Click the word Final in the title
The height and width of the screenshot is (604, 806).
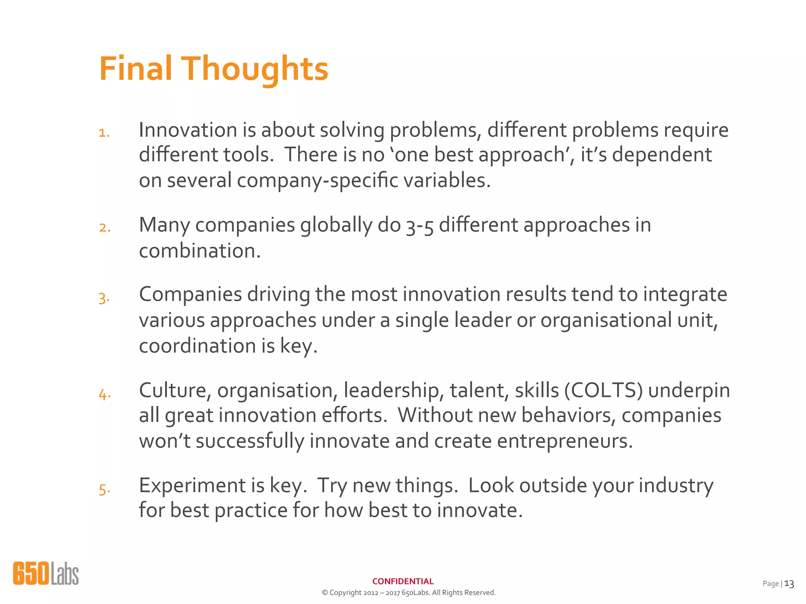pos(136,68)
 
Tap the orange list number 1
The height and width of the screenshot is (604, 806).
pos(104,133)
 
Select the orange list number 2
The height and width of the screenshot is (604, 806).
pos(105,228)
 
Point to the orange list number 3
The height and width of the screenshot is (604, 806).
pos(104,298)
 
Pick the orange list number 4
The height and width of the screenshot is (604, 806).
pos(105,394)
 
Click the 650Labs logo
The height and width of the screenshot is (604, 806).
pos(46,573)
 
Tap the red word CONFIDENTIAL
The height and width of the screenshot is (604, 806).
pos(403,581)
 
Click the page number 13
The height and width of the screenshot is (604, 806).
pos(789,584)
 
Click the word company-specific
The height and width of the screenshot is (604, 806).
pos(318,180)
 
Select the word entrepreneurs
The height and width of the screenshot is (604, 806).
pos(565,441)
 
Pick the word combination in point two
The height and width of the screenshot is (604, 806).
pos(200,251)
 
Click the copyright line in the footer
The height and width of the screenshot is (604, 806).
pos(409,593)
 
